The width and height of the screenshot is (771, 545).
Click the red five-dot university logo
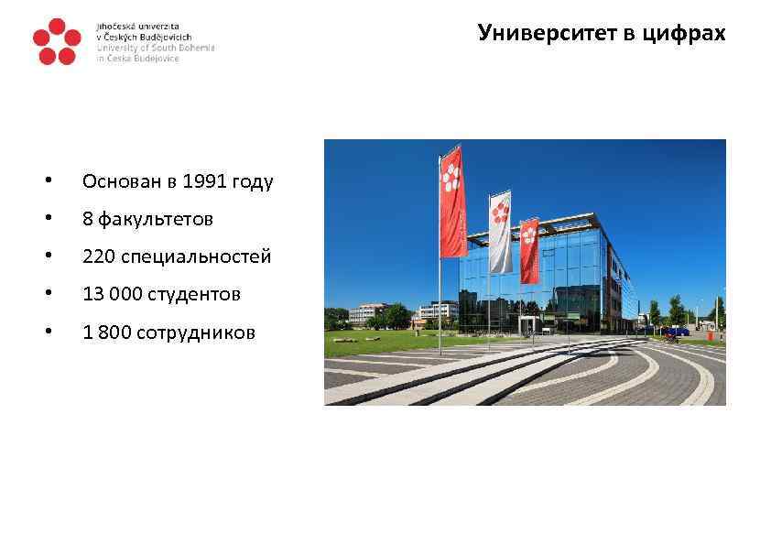point(56,42)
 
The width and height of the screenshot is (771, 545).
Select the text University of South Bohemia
point(156,48)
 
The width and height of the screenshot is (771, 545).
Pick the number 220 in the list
point(97,256)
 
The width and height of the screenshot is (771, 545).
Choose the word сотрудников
point(196,332)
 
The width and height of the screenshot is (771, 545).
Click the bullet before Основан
point(58,181)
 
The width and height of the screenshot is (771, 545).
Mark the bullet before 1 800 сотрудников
point(58,332)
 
